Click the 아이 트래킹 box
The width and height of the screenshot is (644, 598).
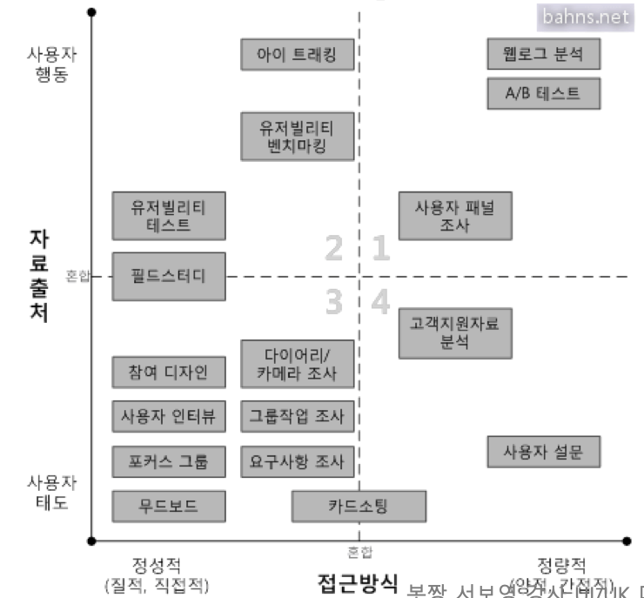[299, 55]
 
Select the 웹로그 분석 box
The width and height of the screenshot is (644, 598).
[544, 55]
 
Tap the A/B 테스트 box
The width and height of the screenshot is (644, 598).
[544, 93]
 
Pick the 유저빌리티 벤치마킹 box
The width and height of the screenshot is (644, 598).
[299, 136]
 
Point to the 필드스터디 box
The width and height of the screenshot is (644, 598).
[169, 277]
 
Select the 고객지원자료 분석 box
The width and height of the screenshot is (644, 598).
[455, 333]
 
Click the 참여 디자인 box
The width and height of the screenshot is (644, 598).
[169, 372]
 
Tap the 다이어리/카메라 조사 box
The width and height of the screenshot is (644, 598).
[299, 364]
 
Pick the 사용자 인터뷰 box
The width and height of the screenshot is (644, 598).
[169, 415]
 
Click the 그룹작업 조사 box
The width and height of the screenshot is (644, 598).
[299, 415]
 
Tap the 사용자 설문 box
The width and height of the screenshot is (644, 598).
[544, 452]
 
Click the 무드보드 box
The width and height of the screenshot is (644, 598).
[169, 506]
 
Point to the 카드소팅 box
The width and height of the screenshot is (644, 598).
[359, 506]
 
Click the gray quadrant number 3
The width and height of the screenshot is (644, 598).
[334, 303]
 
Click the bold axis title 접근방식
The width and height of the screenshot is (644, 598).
[358, 581]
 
